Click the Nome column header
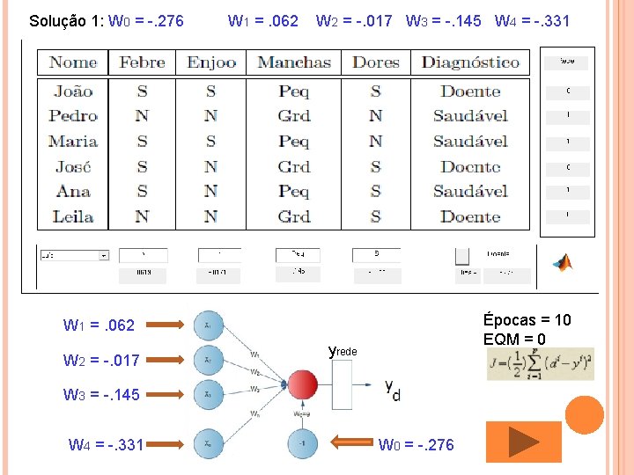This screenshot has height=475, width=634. [x=73, y=62]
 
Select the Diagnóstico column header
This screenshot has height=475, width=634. [x=470, y=62]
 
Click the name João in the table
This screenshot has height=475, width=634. [x=73, y=91]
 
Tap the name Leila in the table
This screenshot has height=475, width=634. [x=73, y=216]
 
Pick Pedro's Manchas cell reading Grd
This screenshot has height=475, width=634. [x=293, y=115]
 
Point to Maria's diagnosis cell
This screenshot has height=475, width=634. [x=470, y=141]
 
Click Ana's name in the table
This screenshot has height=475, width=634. [x=73, y=191]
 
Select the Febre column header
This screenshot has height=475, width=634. [x=142, y=62]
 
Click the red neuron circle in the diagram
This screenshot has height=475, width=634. [x=303, y=385]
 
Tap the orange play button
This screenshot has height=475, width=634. [x=523, y=442]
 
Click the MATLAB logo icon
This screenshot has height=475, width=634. [x=561, y=261]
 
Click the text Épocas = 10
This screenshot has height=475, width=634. [x=527, y=320]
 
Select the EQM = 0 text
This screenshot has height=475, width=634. [x=514, y=340]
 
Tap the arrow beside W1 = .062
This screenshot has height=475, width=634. [x=166, y=325]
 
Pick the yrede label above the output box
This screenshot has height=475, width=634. [x=343, y=351]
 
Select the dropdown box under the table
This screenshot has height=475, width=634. [x=73, y=255]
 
